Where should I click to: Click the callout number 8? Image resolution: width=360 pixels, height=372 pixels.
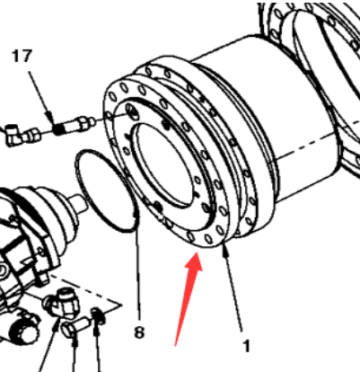[x=138, y=332]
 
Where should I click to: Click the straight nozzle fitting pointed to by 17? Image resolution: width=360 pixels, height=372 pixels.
[x=78, y=121]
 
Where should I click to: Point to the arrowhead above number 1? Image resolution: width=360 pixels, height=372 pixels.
[x=224, y=257]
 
